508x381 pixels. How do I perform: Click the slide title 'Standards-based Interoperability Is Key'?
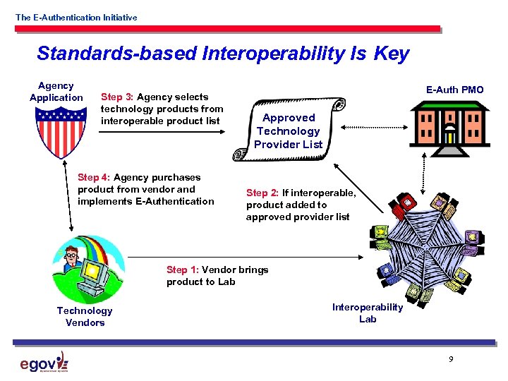[x=222, y=54]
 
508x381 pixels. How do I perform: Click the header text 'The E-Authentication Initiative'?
[x=76, y=17]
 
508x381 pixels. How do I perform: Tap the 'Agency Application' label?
[x=56, y=92]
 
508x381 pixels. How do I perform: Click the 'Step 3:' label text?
[x=118, y=97]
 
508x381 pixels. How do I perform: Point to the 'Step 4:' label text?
[x=94, y=177]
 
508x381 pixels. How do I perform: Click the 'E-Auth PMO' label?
[x=454, y=90]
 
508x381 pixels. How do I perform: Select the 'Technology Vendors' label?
[x=84, y=317]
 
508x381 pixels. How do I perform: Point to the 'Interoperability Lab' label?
[x=368, y=313]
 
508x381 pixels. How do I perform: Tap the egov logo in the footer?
[x=44, y=362]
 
